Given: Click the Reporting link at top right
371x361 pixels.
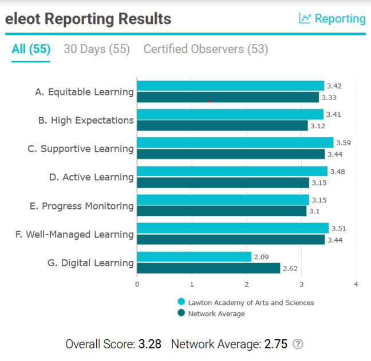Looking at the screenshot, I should pyautogui.click(x=333, y=19).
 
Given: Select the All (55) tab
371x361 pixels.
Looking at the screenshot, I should pyautogui.click(x=31, y=49).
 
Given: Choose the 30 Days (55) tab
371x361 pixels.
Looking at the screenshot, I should pyautogui.click(x=97, y=49).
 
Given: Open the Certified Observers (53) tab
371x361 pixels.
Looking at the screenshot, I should pyautogui.click(x=206, y=49).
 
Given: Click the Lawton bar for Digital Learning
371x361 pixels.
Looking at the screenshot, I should pyautogui.click(x=194, y=257).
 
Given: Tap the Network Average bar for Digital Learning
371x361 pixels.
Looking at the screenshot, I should pyautogui.click(x=208, y=268).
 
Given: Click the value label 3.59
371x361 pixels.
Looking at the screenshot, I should pyautogui.click(x=344, y=142).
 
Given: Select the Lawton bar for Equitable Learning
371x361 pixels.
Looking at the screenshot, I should pyautogui.click(x=230, y=86).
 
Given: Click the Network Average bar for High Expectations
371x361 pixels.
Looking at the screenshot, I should pyautogui.click(x=222, y=125).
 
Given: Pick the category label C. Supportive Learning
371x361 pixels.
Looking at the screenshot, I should pyautogui.click(x=80, y=149).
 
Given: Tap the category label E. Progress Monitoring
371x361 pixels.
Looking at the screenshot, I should pyautogui.click(x=82, y=206).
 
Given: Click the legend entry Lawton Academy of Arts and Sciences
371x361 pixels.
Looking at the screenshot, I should pyautogui.click(x=251, y=302).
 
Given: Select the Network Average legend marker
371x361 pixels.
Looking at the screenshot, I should pyautogui.click(x=181, y=313).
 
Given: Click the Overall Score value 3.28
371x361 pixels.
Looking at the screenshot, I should pyautogui.click(x=150, y=344).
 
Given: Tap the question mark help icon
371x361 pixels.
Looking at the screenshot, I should pyautogui.click(x=298, y=344).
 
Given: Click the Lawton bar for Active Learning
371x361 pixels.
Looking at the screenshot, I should pyautogui.click(x=232, y=172).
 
